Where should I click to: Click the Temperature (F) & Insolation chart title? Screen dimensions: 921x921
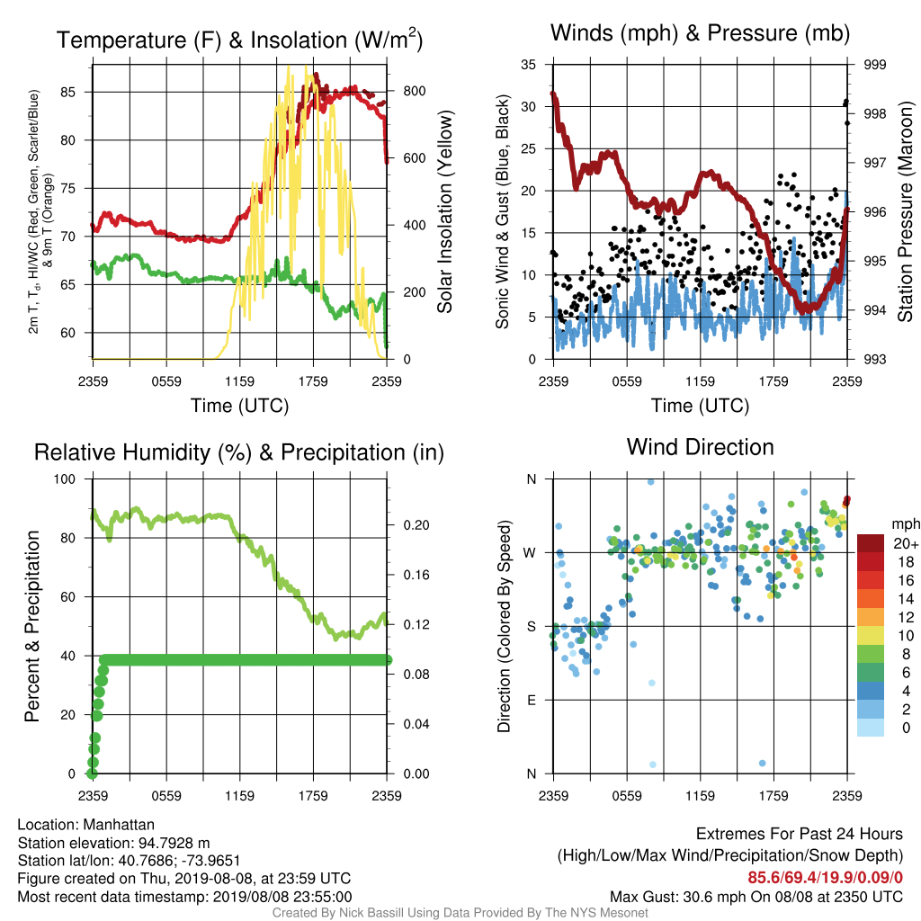tap(239, 40)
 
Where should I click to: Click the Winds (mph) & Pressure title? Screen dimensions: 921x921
tap(700, 33)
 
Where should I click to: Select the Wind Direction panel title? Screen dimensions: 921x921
tap(700, 447)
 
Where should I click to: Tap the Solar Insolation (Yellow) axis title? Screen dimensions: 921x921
tap(445, 211)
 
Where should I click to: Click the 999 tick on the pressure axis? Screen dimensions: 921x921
tap(874, 65)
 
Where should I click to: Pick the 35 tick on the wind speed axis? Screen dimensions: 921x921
tap(529, 65)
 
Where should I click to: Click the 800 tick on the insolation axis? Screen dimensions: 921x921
tap(414, 91)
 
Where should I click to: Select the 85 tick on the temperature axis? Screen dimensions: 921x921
tap(67, 93)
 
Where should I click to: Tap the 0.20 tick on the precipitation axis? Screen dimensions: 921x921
tap(416, 525)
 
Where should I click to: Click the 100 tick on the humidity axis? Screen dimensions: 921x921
tap(65, 479)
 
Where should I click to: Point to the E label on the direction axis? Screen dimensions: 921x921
tap(532, 700)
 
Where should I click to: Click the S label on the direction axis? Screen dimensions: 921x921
tap(532, 627)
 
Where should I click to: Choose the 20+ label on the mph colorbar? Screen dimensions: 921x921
tap(906, 544)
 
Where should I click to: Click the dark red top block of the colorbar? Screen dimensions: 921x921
tap(871, 543)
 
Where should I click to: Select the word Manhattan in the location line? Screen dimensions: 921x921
tap(119, 825)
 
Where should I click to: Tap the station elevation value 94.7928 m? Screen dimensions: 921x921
tap(174, 843)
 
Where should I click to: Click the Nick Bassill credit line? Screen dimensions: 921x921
tap(460, 913)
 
